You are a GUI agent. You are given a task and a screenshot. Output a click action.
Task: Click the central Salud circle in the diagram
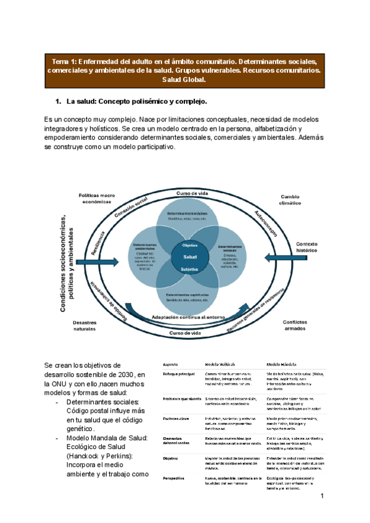point(189,257)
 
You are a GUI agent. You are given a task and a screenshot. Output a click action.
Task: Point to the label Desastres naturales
point(85,326)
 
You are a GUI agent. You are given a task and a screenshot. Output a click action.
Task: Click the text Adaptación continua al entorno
point(189,317)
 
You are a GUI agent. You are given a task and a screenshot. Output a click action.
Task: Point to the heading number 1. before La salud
point(59,101)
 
